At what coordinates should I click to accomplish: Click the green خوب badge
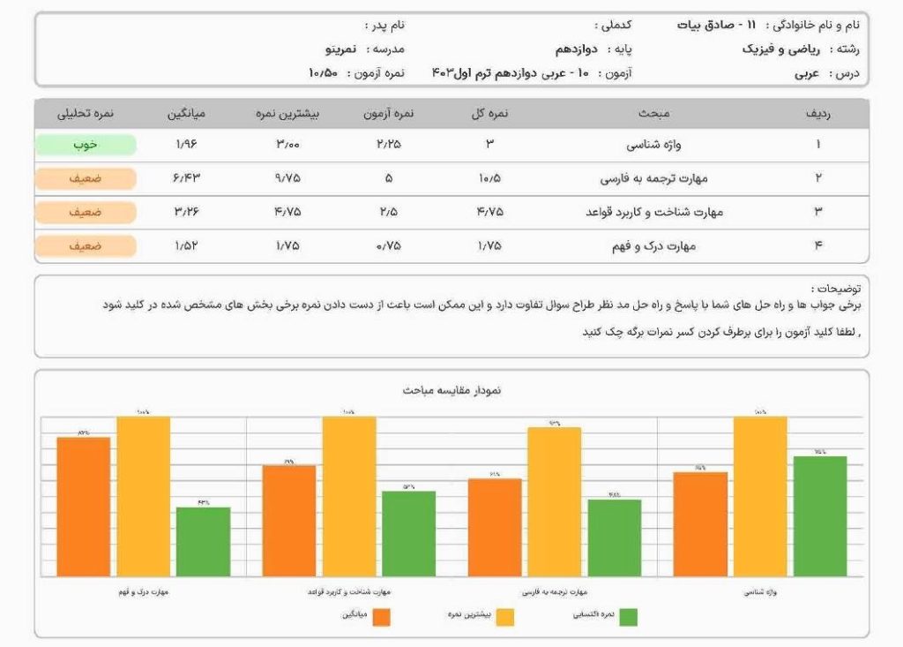click(86, 145)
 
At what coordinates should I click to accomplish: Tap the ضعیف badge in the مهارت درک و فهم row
click(86, 246)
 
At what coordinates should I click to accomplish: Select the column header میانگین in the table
click(187, 113)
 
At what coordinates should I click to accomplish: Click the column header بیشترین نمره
click(287, 113)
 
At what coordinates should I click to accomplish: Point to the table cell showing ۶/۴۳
click(187, 178)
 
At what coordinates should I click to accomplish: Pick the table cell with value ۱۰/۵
click(489, 178)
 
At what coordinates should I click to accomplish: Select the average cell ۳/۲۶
click(187, 212)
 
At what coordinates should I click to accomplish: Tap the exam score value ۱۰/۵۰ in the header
click(324, 72)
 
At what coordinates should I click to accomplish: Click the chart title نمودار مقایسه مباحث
click(451, 390)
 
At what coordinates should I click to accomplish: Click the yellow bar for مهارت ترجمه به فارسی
click(555, 501)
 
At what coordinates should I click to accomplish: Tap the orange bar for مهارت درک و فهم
click(84, 507)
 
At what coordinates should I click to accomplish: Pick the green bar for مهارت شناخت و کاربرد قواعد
click(408, 533)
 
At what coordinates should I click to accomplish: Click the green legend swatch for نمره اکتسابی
click(628, 617)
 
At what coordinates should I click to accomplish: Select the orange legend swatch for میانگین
click(381, 617)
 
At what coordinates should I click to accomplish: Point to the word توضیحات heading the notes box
click(838, 289)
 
